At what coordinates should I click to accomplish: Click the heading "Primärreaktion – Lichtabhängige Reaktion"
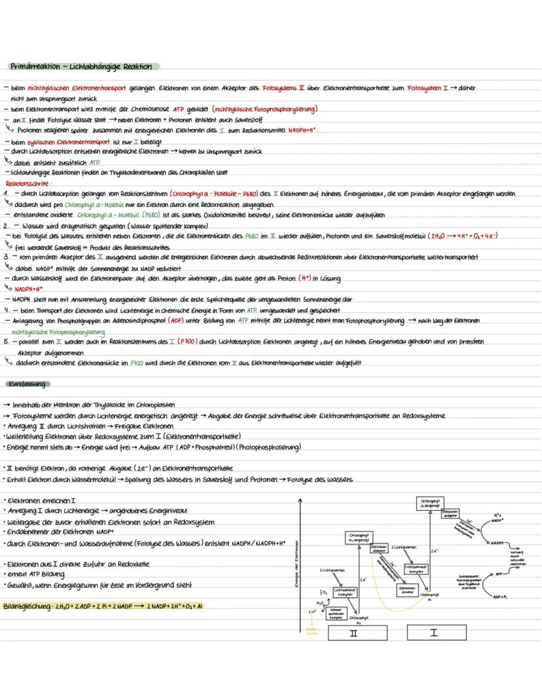coord(81,67)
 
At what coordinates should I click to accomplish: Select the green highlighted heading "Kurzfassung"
coord(24,383)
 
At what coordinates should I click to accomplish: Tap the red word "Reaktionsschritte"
coord(22,185)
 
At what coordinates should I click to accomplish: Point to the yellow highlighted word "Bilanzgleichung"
coord(28,606)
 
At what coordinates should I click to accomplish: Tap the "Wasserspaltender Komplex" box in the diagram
coord(336,614)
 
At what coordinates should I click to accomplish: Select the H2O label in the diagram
coord(319,603)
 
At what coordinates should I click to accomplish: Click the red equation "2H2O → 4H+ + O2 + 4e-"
coord(461,236)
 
